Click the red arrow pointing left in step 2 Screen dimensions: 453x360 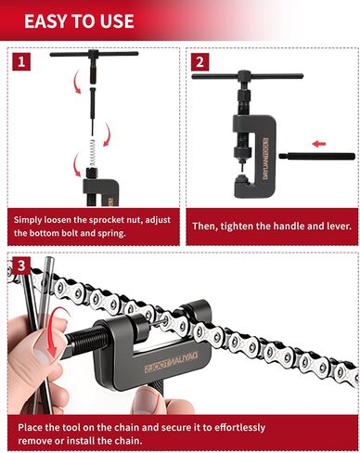click(319, 144)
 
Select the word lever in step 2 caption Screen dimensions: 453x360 click(327, 226)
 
